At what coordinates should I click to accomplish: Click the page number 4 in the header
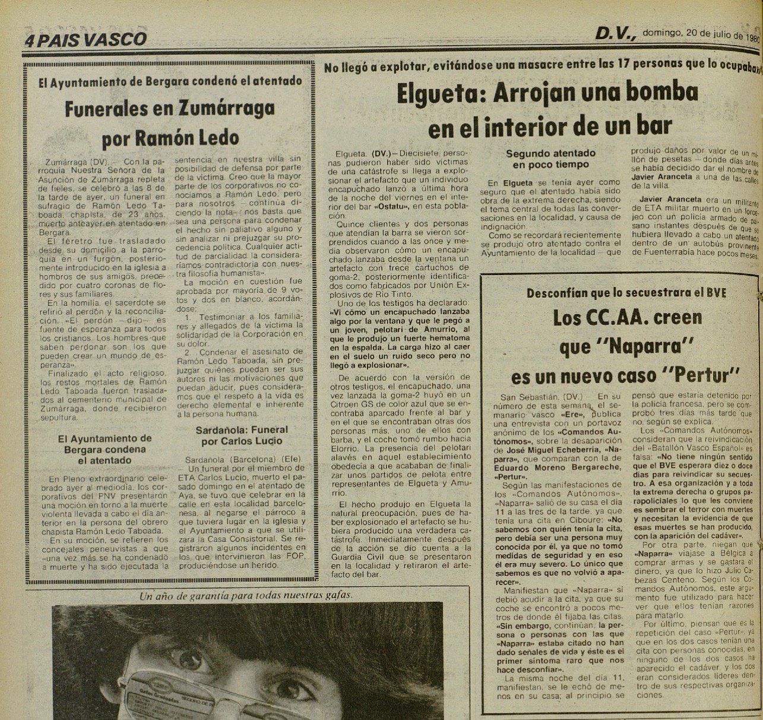pyautogui.click(x=29, y=40)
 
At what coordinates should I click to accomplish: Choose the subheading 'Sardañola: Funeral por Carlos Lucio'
pyautogui.click(x=242, y=435)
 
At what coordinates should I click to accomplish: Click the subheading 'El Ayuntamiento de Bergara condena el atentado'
pyautogui.click(x=105, y=449)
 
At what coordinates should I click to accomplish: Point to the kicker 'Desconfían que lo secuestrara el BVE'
pyautogui.click(x=626, y=292)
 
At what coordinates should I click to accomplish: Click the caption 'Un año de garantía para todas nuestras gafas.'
pyautogui.click(x=245, y=595)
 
